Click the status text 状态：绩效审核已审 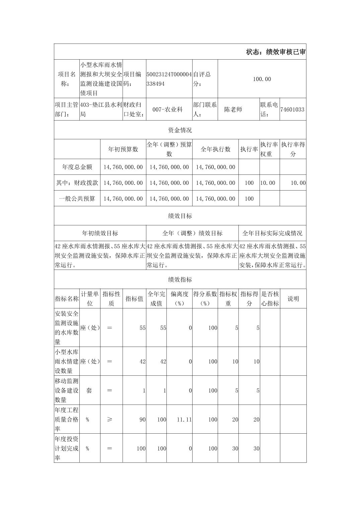click(x=276, y=52)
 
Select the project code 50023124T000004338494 click(x=169, y=79)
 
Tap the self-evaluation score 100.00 click(x=262, y=79)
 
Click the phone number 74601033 click(x=292, y=110)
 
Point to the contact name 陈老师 click(x=233, y=110)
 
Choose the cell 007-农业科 click(x=167, y=110)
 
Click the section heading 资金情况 click(x=180, y=130)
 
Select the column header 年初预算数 click(x=123, y=149)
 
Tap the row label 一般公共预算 click(x=77, y=199)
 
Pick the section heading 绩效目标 click(x=180, y=216)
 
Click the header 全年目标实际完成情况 click(x=272, y=233)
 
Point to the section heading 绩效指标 click(x=180, y=280)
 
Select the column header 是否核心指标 click(x=270, y=299)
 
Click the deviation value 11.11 click(x=184, y=420)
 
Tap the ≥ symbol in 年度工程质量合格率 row click(x=110, y=420)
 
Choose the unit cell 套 click(x=89, y=390)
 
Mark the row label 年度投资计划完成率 click(x=67, y=448)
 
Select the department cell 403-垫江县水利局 click(x=101, y=110)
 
